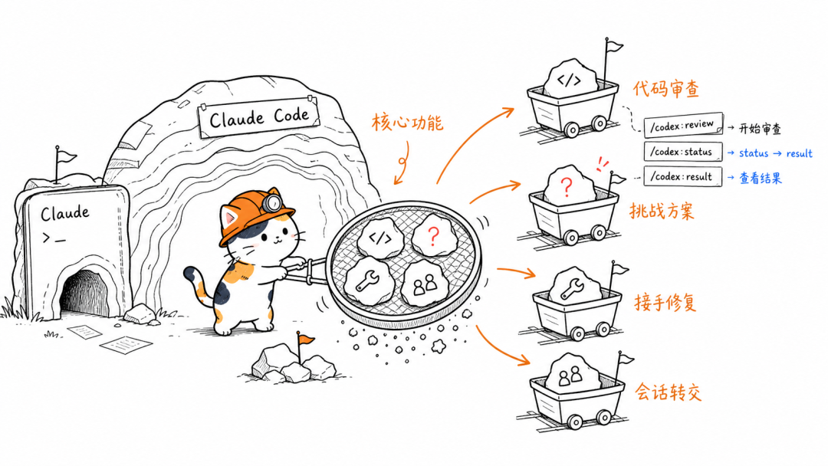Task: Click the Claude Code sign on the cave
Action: [x=259, y=116]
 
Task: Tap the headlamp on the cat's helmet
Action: [x=273, y=202]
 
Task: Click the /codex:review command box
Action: [x=683, y=126]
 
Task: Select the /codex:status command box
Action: [x=683, y=152]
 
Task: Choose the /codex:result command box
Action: [x=683, y=177]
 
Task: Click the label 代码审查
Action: [x=666, y=89]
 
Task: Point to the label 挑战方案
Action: [x=662, y=211]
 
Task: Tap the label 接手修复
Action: [x=665, y=303]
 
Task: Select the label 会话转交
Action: [x=668, y=392]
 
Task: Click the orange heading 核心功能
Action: [x=407, y=123]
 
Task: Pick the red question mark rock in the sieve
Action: [x=434, y=235]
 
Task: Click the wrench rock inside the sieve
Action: [x=368, y=280]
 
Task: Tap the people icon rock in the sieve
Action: [x=426, y=284]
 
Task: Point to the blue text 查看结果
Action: [x=760, y=179]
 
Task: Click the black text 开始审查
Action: [x=759, y=128]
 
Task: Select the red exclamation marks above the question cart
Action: [x=602, y=163]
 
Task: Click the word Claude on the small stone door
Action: [x=65, y=213]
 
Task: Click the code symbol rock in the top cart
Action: [x=570, y=80]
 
